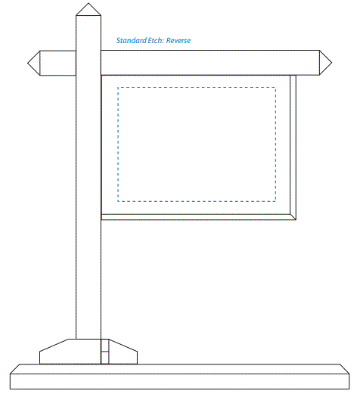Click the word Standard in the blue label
[132, 41]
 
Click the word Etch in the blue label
[156, 41]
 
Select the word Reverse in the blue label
[178, 41]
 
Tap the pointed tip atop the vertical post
[88, 3]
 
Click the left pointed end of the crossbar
[28, 63]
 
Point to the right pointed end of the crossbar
[331, 63]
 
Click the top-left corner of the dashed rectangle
[118, 88]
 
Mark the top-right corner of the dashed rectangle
[275, 88]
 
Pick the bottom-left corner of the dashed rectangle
[118, 201]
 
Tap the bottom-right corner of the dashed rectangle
[275, 201]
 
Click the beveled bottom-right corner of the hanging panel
[293, 217]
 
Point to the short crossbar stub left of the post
[58, 63]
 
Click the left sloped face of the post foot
[54, 346]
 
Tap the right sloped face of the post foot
[123, 346]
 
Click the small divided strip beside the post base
[105, 352]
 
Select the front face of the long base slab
[180, 382]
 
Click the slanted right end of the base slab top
[345, 369]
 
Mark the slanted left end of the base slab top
[15, 369]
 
